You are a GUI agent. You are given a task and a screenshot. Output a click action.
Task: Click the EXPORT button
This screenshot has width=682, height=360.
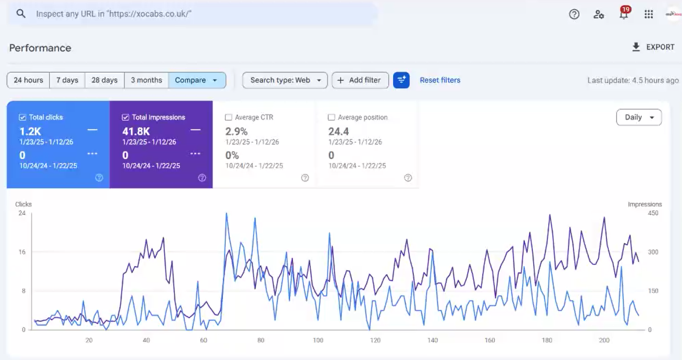[653, 47]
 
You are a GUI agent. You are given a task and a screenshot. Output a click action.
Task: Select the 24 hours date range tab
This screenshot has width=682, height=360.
[28, 80]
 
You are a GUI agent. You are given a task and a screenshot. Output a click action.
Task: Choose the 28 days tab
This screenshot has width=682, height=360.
[104, 80]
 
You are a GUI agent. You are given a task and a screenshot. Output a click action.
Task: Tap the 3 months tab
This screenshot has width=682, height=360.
[146, 80]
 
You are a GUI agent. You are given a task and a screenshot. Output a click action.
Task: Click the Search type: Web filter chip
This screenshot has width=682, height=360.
[285, 80]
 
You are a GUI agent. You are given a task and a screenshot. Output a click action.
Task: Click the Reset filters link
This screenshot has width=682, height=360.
[440, 80]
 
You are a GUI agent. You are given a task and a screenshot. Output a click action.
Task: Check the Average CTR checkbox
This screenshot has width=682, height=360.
[229, 117]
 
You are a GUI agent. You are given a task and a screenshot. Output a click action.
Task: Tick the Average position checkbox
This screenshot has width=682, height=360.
[332, 117]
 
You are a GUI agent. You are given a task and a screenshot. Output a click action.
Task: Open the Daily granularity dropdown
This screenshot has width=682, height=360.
[638, 117]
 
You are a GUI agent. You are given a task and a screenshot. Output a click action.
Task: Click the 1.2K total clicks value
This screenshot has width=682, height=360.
[30, 131]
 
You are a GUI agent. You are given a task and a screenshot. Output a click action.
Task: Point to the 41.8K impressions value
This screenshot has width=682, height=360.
[136, 131]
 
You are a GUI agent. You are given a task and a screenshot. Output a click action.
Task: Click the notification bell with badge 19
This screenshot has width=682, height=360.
[624, 14]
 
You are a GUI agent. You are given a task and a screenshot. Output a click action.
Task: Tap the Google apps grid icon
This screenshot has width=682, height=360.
[649, 14]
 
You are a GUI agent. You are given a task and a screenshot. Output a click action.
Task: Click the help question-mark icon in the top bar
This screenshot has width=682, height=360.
[574, 14]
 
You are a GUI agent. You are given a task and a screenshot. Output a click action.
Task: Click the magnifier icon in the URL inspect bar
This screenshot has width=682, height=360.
[21, 14]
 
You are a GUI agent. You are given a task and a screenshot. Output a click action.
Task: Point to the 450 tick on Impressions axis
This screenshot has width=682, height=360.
[653, 213]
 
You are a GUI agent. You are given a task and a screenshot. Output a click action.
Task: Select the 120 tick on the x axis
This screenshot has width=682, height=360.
[375, 340]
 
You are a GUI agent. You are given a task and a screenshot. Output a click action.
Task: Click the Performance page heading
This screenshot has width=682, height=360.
[40, 48]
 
